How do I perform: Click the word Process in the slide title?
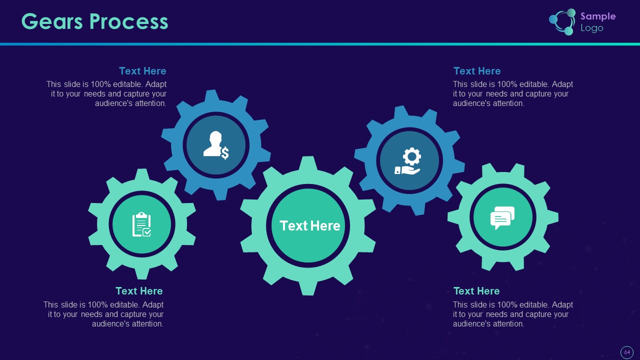[129, 21]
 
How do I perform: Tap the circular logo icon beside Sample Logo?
[562, 22]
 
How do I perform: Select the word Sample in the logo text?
[598, 16]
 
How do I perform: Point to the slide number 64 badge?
[626, 352]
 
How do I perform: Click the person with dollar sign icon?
[216, 145]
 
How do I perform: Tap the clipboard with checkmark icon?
[141, 224]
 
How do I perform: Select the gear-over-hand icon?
[409, 161]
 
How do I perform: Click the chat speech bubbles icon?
[502, 217]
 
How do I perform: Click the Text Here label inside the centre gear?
[309, 226]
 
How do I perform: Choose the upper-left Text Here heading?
[142, 71]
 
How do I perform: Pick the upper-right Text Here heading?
[476, 71]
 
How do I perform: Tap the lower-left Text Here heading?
[139, 291]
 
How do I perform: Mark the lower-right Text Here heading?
[476, 291]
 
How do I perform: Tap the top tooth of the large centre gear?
[308, 163]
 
